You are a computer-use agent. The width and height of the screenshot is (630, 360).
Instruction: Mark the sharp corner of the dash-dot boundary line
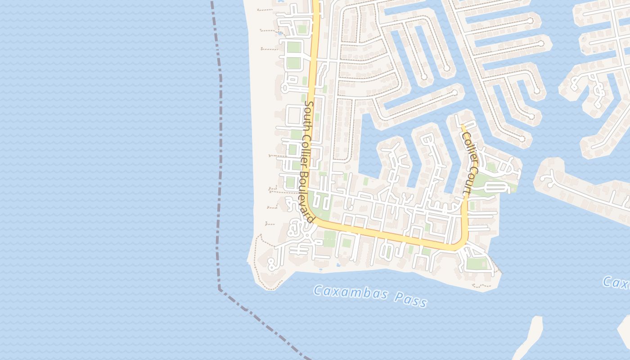pos(220,289)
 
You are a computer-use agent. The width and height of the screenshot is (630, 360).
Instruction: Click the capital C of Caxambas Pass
pos(317,290)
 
